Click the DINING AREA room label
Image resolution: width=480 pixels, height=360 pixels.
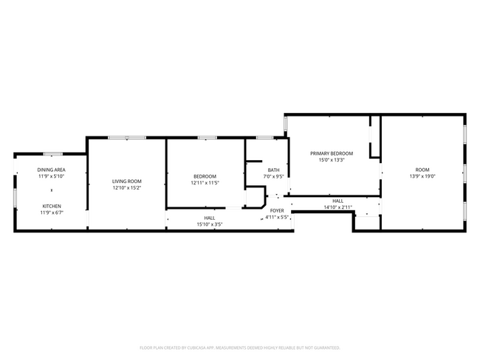(51, 170)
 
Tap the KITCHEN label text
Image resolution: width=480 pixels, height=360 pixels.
(51, 206)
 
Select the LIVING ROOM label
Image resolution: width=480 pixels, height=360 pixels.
(126, 181)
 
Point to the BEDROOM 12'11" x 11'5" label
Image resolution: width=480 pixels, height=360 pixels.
(205, 176)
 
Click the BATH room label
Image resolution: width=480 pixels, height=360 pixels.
(273, 170)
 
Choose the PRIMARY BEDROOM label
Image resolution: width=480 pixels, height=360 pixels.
(331, 153)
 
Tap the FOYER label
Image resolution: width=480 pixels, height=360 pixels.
(277, 211)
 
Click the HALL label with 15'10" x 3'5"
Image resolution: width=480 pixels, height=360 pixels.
(210, 218)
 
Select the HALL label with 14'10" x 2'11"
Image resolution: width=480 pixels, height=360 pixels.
(337, 201)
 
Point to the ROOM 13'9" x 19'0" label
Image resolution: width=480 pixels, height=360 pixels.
(422, 170)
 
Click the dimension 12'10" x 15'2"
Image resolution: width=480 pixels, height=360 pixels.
(126, 188)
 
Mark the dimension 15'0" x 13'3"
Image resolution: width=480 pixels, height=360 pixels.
(331, 160)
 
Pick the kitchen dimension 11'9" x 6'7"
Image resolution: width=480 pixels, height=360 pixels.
(51, 212)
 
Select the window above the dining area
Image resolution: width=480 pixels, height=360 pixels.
(52, 153)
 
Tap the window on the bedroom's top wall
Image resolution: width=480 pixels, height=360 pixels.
(207, 138)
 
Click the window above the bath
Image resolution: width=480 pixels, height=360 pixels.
(264, 138)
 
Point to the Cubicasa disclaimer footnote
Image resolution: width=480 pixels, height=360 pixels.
(240, 347)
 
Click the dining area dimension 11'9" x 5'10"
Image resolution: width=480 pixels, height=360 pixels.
(51, 176)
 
